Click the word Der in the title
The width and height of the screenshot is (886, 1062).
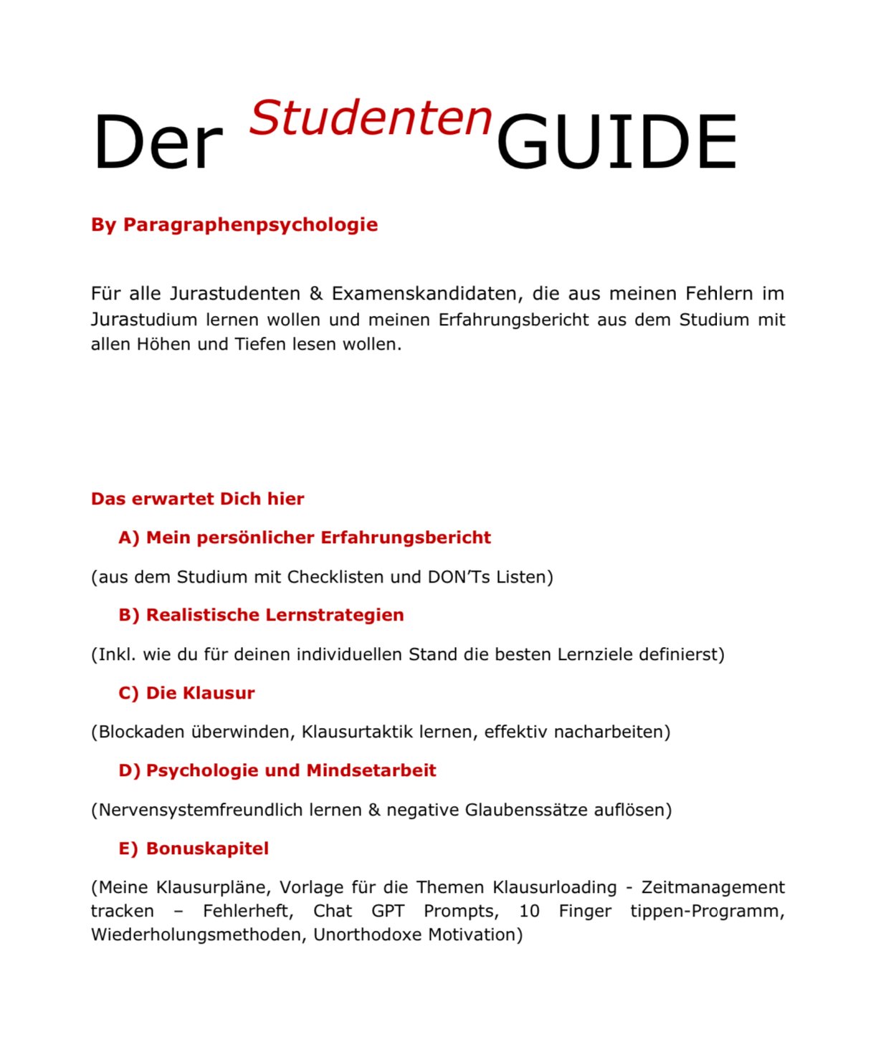[x=158, y=143]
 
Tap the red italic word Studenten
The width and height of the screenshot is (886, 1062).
[x=371, y=118]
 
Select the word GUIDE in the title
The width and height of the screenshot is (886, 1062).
[x=616, y=143]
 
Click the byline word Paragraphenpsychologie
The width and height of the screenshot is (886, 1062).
[x=250, y=225]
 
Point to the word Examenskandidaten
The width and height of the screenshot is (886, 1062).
[x=427, y=294]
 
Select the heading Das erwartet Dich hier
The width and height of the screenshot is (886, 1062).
[x=197, y=499]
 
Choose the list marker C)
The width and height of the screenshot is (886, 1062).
[x=129, y=694]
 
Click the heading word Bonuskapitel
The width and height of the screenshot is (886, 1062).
[x=207, y=849]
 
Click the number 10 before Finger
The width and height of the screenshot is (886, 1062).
[x=529, y=912]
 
